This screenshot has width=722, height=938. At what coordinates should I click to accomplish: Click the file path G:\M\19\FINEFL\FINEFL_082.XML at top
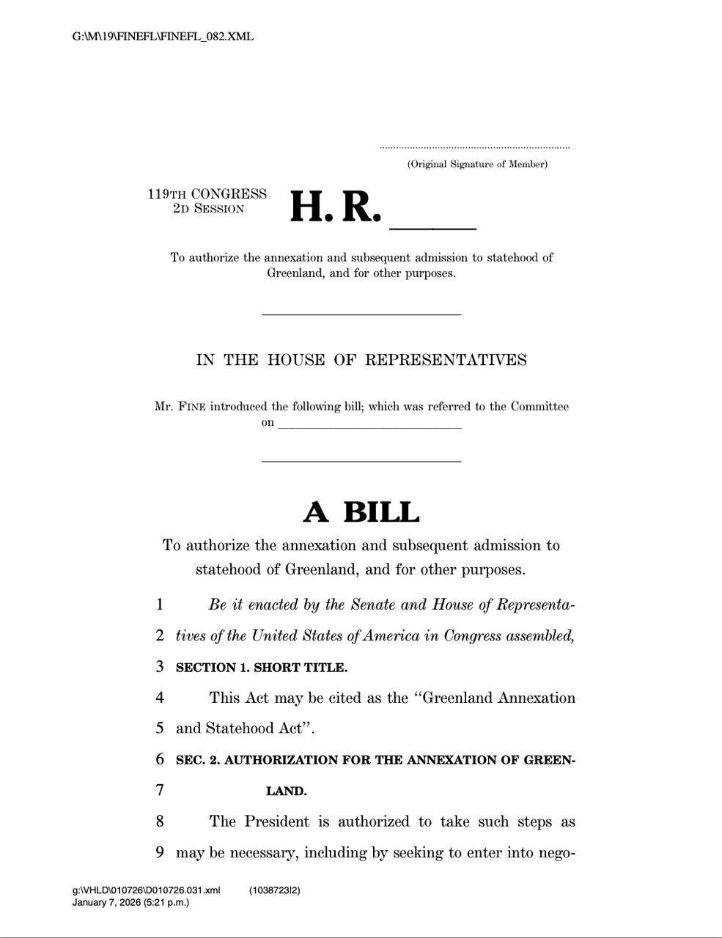coord(163,36)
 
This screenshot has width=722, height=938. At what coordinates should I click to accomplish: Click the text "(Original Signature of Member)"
coord(477,164)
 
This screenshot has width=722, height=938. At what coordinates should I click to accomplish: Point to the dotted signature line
coord(474,148)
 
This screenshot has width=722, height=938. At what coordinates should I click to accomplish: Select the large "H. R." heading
coord(336,207)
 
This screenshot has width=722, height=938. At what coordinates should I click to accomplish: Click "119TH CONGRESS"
coord(207,194)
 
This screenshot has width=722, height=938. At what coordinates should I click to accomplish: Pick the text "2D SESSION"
coord(208,209)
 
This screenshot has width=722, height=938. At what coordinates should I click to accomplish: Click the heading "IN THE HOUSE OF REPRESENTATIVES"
coord(361,360)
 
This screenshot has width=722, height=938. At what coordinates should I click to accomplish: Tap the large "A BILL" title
coord(361,512)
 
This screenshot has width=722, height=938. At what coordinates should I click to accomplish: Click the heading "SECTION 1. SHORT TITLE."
coord(262,668)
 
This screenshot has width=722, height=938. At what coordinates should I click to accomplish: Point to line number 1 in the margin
coord(160,605)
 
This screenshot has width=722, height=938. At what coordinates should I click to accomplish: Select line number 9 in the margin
coord(160,852)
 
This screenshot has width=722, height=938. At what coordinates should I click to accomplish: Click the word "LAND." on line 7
coord(286,791)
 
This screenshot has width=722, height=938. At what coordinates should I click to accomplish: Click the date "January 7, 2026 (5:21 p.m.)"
coord(130,902)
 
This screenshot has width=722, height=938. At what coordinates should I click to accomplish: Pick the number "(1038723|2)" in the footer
coord(275,890)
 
